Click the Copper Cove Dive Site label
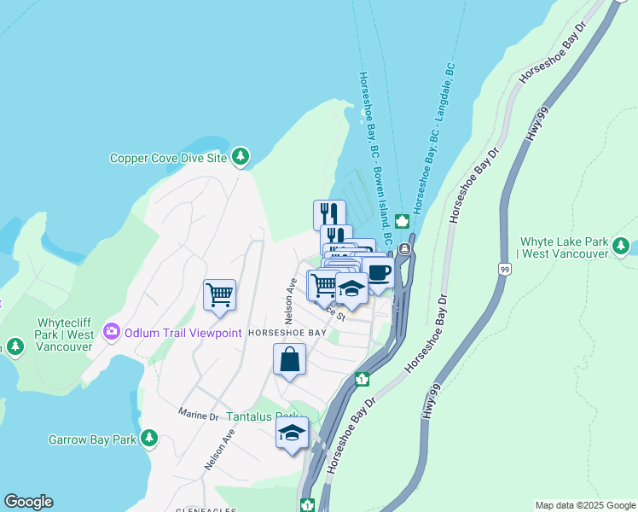[x=169, y=158]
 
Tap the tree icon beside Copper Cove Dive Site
[x=241, y=156]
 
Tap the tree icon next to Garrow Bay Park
[x=149, y=439]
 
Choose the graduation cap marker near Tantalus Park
[x=292, y=433]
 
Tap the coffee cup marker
[x=378, y=273]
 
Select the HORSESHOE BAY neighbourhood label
[x=287, y=333]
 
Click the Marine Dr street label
[x=199, y=415]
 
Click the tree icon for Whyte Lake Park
[x=621, y=246]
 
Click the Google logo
[x=28, y=502]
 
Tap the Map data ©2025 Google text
[x=584, y=505]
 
